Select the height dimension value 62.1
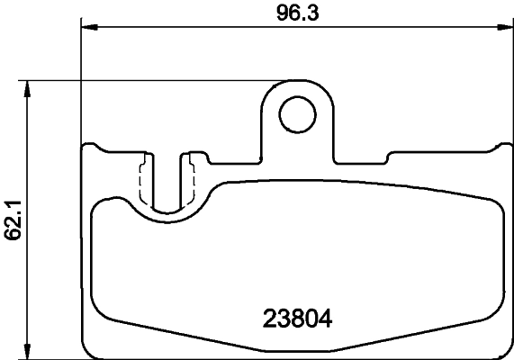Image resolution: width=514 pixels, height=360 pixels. pos(13,219)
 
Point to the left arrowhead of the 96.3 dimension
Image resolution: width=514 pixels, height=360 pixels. pos(88,27)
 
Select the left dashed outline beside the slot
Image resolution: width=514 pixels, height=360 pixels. pos(142,180)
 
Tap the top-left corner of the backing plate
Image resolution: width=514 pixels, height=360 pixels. pos(86,147)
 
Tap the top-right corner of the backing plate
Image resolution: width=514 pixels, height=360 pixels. pos(504,147)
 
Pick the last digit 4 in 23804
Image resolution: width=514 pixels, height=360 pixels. pos(325,318)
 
